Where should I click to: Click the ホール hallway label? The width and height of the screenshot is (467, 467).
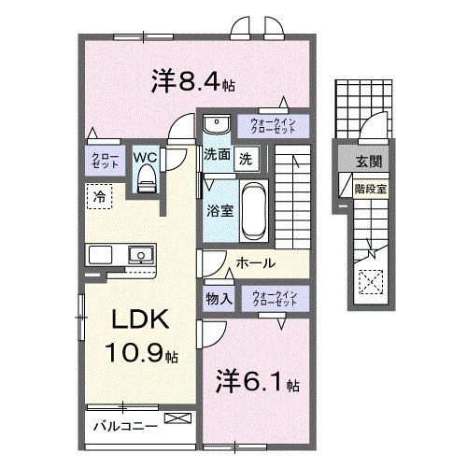(254, 264)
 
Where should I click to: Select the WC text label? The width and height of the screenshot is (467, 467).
(145, 157)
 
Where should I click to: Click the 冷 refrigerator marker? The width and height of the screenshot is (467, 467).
(98, 197)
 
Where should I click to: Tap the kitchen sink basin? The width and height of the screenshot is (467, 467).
(140, 253)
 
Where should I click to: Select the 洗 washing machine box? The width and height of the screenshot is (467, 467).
(245, 157)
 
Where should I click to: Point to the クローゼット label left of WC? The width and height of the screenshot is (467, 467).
(100, 162)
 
